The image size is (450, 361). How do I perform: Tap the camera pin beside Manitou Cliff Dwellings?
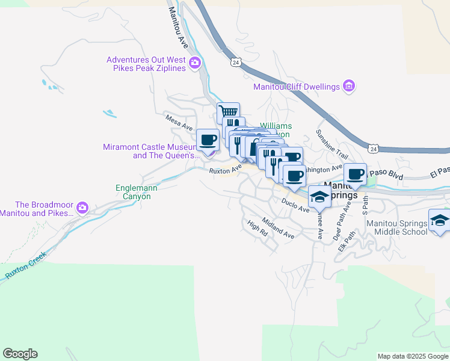point(348,87)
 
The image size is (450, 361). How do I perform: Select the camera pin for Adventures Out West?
point(194,63)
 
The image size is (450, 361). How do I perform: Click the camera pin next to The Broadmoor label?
point(82,208)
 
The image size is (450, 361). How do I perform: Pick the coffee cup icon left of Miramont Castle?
point(208,140)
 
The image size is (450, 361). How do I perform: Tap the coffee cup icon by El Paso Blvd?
point(356,174)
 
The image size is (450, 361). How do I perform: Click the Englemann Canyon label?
point(137,192)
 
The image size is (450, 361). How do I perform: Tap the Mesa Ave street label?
point(179,123)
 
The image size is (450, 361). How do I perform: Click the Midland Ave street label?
point(279,228)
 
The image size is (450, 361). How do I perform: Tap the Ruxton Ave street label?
point(225,170)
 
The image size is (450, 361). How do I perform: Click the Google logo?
point(20,354)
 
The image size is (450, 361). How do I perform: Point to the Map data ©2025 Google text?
point(413,356)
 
